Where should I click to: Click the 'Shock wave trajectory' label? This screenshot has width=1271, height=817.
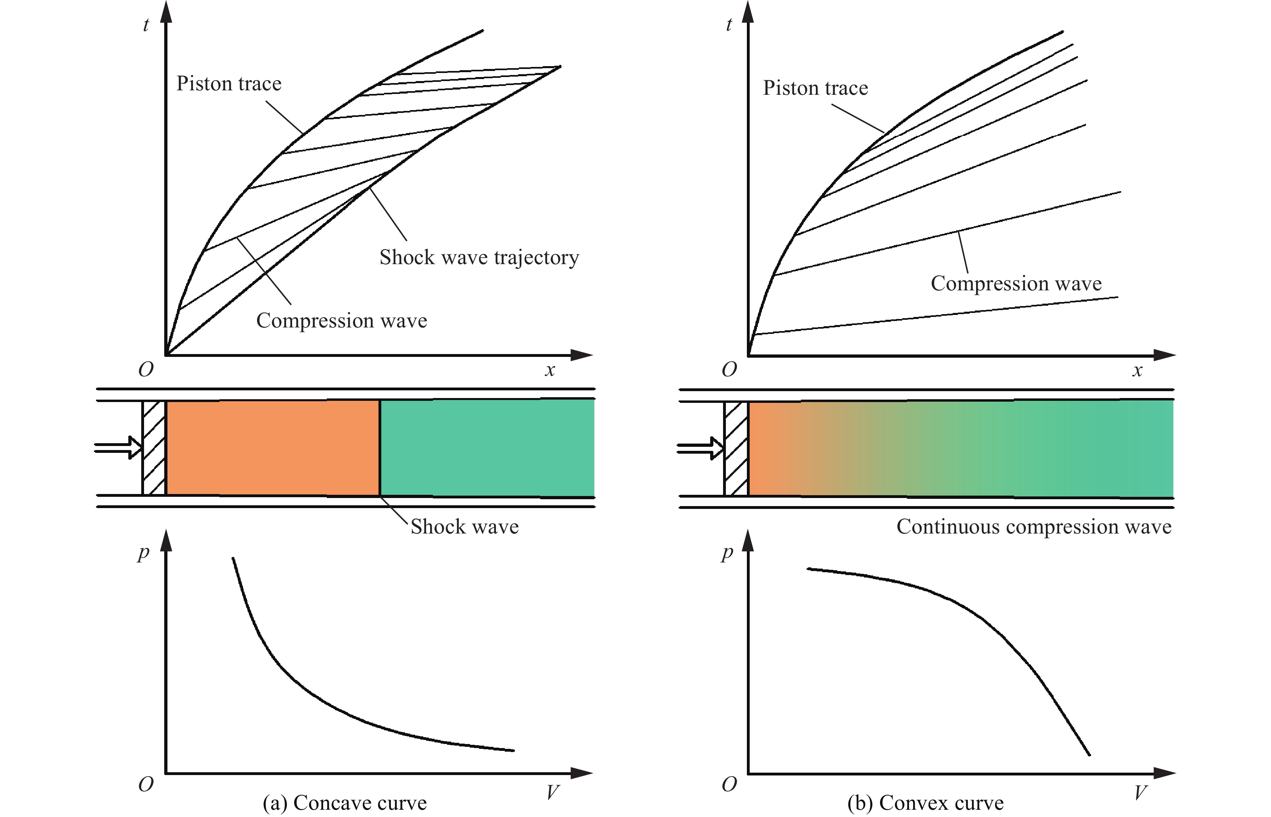tap(479, 258)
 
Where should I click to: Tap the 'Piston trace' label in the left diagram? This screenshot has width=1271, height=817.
tap(229, 84)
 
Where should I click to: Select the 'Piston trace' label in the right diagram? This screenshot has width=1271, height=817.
tap(815, 88)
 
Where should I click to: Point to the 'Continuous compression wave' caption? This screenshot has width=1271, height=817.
tap(1034, 527)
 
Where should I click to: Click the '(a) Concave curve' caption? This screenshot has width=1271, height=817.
tap(345, 802)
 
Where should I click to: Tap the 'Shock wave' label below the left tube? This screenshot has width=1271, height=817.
tap(464, 527)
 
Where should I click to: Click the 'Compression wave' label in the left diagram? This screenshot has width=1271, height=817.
tap(341, 321)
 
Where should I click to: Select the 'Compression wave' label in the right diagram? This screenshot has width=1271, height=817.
tap(1016, 284)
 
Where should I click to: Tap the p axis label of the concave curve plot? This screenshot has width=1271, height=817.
tap(143, 553)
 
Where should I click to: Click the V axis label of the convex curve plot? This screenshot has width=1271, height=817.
tap(1140, 792)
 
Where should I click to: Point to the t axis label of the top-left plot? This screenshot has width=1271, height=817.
tap(146, 25)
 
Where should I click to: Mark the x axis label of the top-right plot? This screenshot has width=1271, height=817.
tap(1137, 370)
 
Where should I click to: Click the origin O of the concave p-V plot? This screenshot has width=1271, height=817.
tap(146, 784)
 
